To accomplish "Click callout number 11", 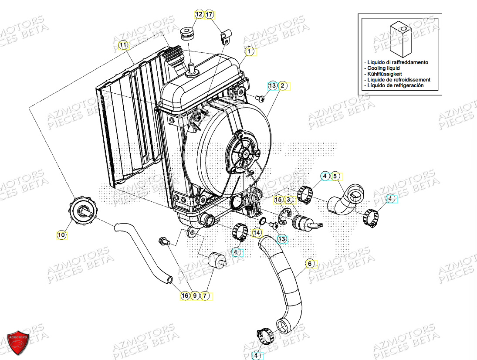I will pyautogui.click(x=123, y=45).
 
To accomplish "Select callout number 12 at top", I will pyautogui.click(x=199, y=14).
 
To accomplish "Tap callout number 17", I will pyautogui.click(x=209, y=14).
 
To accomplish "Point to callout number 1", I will pyautogui.click(x=249, y=51).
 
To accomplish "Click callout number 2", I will pyautogui.click(x=282, y=85).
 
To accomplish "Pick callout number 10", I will pyautogui.click(x=61, y=235).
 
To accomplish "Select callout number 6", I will pyautogui.click(x=310, y=263).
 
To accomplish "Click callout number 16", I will pyautogui.click(x=185, y=295).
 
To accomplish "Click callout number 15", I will pyautogui.click(x=278, y=200).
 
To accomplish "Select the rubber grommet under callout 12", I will pyautogui.click(x=187, y=33).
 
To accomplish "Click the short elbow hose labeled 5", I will pyautogui.click(x=344, y=199).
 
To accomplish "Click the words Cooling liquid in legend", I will pyautogui.click(x=383, y=68).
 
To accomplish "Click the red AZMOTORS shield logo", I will pyautogui.click(x=18, y=341).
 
